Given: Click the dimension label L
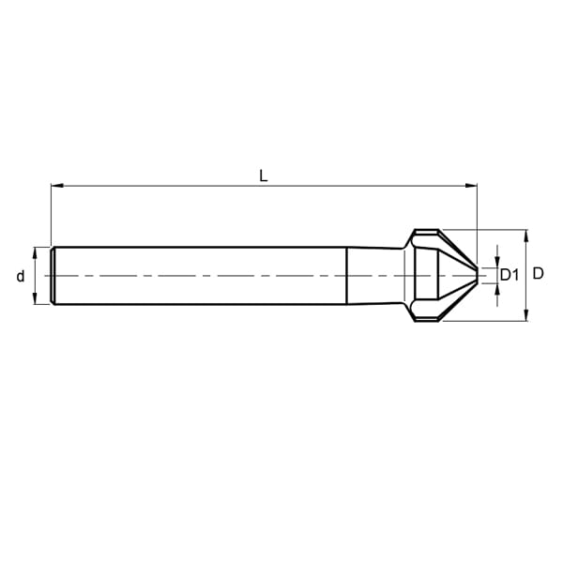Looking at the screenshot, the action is (263, 176).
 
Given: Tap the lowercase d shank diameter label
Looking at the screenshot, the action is (21, 276).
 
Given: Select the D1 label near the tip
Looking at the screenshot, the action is (510, 275).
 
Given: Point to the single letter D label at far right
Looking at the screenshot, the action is (538, 274).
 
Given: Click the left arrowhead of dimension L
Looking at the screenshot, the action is (57, 186).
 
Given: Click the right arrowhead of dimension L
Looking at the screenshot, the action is (471, 186).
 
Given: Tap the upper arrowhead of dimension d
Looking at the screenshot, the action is (35, 253).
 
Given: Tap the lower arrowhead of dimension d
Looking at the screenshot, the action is (35, 298).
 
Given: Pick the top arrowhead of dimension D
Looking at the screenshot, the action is (526, 236).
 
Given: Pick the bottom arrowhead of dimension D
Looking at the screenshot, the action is (526, 315).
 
